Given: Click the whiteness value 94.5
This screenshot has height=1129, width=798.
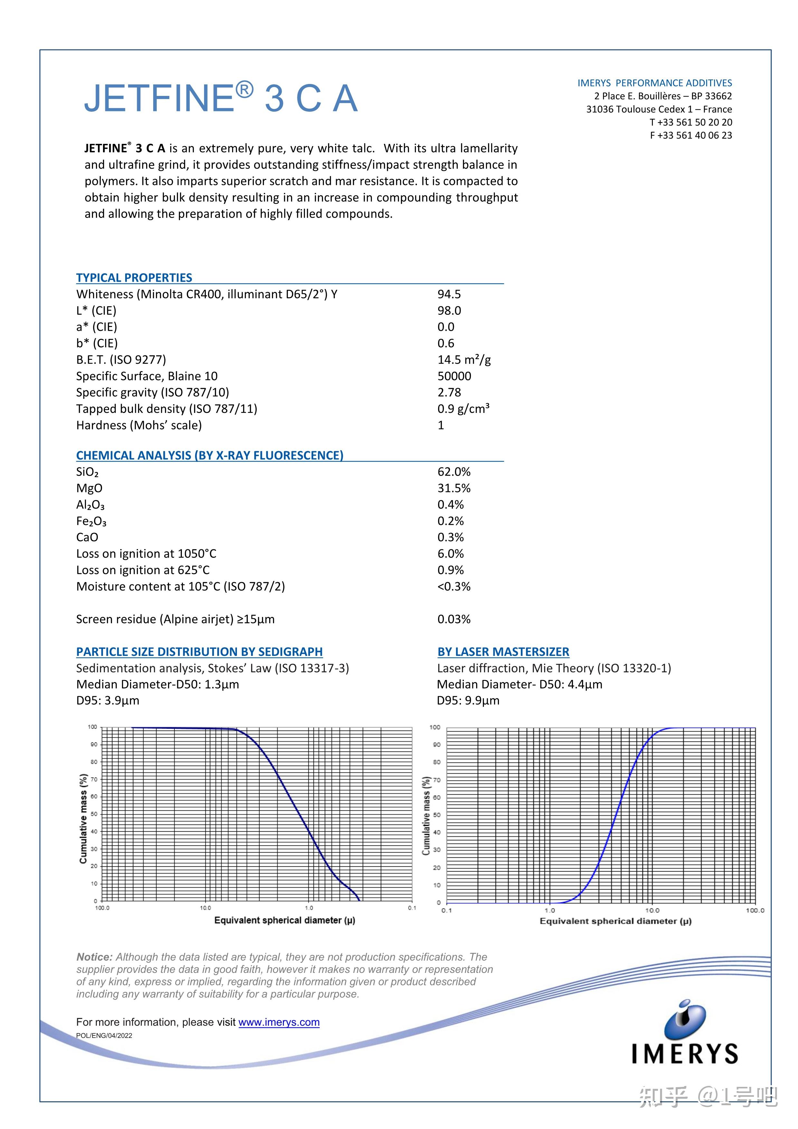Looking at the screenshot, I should pyautogui.click(x=449, y=294).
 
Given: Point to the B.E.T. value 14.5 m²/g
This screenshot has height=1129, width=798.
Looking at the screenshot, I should pyautogui.click(x=464, y=359).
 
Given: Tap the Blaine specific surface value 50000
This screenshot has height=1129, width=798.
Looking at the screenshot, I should pyautogui.click(x=454, y=376).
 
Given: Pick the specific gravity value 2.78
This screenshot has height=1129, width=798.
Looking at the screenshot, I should pyautogui.click(x=449, y=392).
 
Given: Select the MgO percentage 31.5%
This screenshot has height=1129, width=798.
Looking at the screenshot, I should pyautogui.click(x=454, y=488).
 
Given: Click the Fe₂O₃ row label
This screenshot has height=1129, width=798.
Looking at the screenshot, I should pyautogui.click(x=91, y=521).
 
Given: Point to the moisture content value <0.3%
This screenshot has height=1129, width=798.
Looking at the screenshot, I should pyautogui.click(x=454, y=587).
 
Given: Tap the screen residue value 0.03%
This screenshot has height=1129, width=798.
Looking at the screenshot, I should pyautogui.click(x=454, y=619).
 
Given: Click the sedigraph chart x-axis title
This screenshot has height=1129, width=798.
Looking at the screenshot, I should pyautogui.click(x=284, y=920).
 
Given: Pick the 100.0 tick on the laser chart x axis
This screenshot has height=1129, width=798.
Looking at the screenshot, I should pyautogui.click(x=755, y=911).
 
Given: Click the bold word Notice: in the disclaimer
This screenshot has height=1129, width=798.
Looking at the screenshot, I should pyautogui.click(x=94, y=957).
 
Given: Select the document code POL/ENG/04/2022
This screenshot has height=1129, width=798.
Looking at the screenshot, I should pyautogui.click(x=104, y=1036).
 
